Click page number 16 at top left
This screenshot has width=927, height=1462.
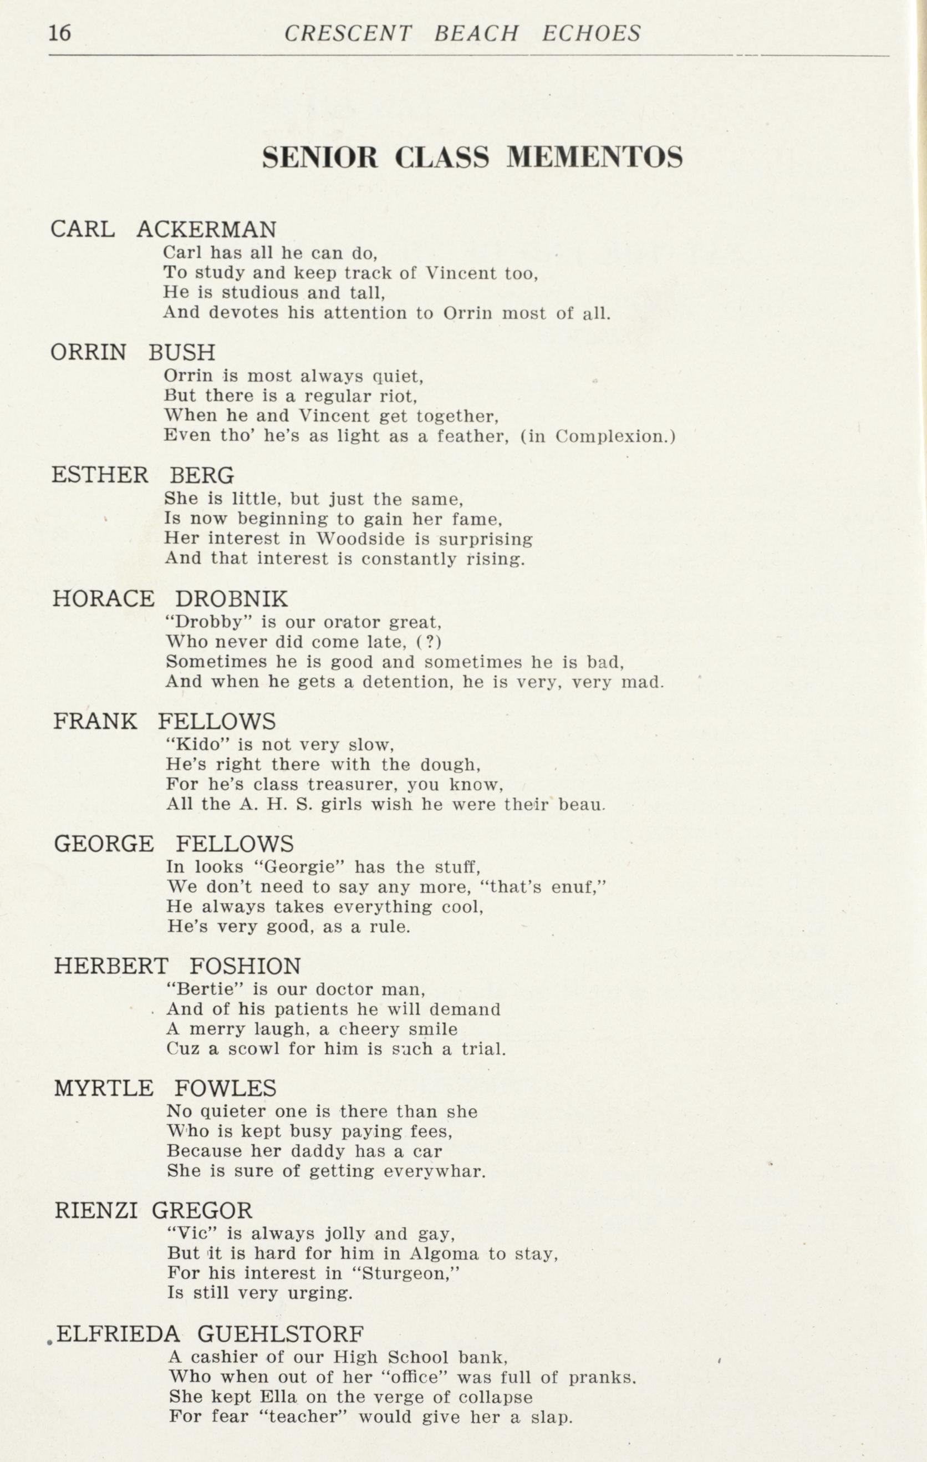tap(60, 32)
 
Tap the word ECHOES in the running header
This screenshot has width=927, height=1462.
tap(590, 33)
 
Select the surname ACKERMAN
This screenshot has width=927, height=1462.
tap(206, 230)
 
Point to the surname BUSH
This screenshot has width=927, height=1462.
tap(182, 352)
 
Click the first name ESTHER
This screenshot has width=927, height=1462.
tap(100, 475)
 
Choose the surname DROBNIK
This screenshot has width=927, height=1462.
tap(231, 598)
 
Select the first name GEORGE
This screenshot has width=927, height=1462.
tap(104, 844)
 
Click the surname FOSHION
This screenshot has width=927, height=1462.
tap(245, 966)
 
